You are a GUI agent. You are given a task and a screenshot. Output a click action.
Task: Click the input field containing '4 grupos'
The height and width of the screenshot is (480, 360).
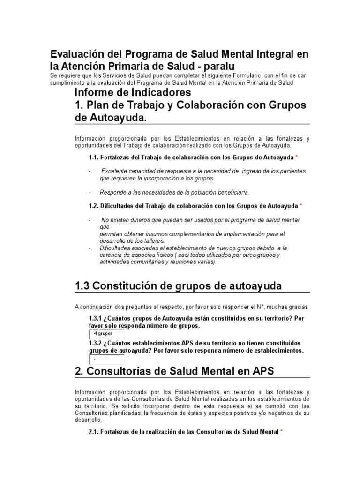[106, 334]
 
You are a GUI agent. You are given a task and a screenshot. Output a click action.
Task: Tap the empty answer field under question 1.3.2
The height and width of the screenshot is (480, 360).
[106, 359]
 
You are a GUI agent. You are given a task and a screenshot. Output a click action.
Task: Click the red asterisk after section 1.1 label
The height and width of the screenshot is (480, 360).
[297, 156]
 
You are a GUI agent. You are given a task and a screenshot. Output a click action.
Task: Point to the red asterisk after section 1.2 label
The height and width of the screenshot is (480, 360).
[301, 205]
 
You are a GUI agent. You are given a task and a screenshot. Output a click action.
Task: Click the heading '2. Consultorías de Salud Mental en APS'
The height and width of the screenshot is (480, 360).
[174, 371]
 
